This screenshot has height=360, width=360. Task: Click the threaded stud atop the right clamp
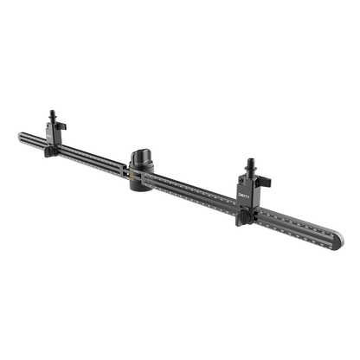point(250,164)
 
